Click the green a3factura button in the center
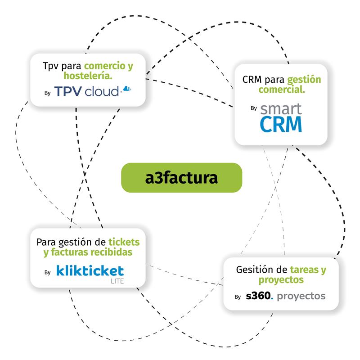(181, 177)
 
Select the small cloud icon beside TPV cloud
(127, 89)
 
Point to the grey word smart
(281, 108)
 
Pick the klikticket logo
(90, 270)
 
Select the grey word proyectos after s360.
(301, 297)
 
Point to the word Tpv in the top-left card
(49, 66)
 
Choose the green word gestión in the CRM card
(304, 80)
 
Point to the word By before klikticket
(48, 272)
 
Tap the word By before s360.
(238, 297)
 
